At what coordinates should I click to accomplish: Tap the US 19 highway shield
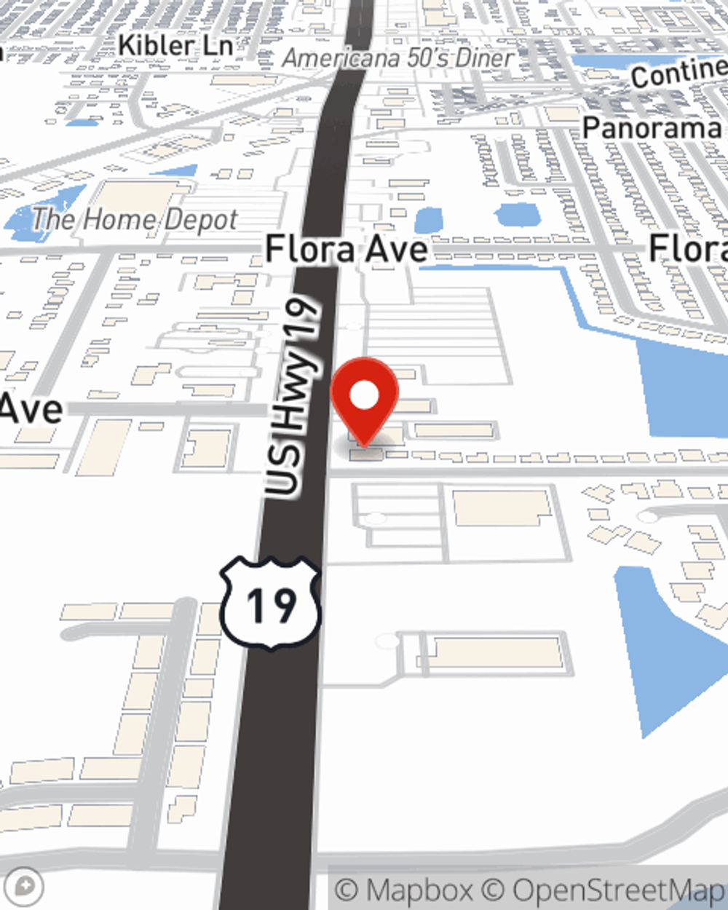(271, 604)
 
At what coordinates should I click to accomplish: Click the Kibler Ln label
(175, 45)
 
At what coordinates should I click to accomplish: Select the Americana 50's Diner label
(399, 58)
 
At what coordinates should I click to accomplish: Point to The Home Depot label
(135, 219)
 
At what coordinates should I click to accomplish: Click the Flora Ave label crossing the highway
(347, 249)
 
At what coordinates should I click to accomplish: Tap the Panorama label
(652, 128)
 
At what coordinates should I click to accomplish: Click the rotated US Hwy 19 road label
(293, 397)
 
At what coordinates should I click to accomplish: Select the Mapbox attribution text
(404, 890)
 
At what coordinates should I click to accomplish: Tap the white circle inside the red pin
(364, 396)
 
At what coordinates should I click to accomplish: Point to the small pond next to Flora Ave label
(429, 220)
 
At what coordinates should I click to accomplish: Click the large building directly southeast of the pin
(502, 507)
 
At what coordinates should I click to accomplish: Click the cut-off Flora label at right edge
(688, 249)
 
